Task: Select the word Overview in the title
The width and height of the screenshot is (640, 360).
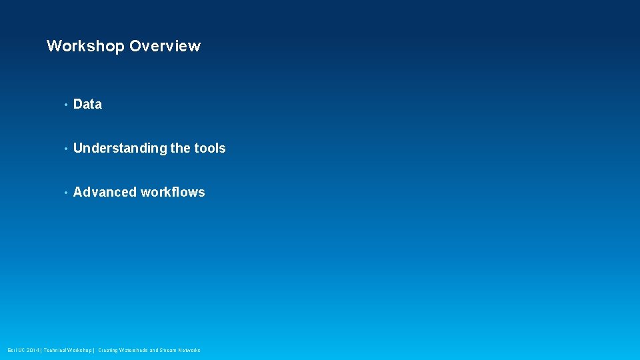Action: (165, 46)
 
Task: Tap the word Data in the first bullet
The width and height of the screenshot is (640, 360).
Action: (87, 104)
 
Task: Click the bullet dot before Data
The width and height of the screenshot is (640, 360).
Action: (65, 105)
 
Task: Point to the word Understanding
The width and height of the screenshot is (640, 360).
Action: (120, 148)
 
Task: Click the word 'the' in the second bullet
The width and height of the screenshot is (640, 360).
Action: (180, 148)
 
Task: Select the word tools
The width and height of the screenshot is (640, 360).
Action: (210, 148)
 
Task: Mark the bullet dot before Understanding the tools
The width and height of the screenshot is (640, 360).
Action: (65, 149)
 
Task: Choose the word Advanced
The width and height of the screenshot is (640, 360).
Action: (105, 192)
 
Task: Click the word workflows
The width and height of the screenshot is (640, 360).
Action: (173, 192)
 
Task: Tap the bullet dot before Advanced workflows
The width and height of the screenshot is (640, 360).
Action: (65, 193)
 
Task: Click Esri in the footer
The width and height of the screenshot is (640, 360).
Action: (12, 350)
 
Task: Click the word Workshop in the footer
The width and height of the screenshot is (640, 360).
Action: (81, 350)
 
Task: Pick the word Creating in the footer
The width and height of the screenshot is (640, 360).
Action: (108, 350)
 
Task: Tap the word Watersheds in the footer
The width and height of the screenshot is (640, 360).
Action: (134, 350)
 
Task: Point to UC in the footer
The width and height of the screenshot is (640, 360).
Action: (21, 350)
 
